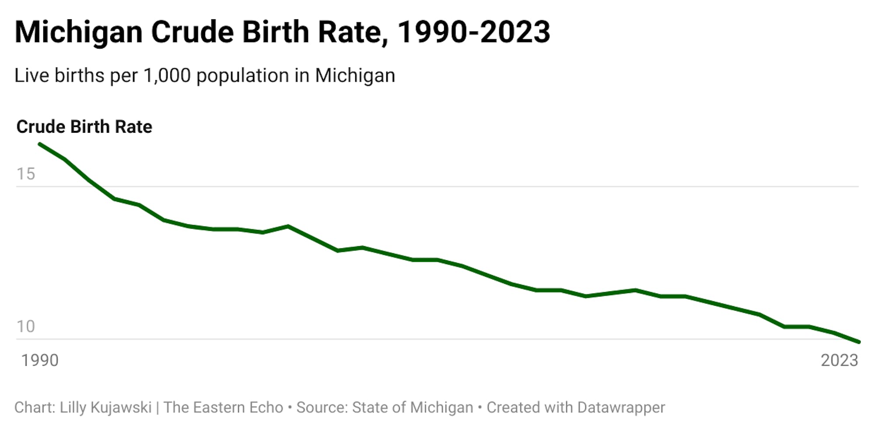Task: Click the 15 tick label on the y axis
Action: pyautogui.click(x=25, y=174)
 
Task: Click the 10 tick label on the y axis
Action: pyautogui.click(x=25, y=326)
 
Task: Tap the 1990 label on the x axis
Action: pyautogui.click(x=40, y=360)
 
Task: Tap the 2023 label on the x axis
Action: pyautogui.click(x=839, y=360)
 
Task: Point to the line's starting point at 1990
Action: pyautogui.click(x=40, y=144)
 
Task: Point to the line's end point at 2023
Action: pyautogui.click(x=858, y=342)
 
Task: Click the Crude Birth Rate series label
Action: pyautogui.click(x=84, y=127)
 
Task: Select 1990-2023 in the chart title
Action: pyautogui.click(x=473, y=32)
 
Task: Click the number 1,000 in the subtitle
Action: pyautogui.click(x=167, y=75)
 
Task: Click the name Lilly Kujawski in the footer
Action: pyautogui.click(x=105, y=407)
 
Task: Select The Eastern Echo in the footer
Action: pyautogui.click(x=223, y=407)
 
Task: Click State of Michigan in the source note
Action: pyautogui.click(x=413, y=407)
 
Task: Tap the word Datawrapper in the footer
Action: pyautogui.click(x=621, y=407)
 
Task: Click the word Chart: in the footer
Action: pyautogui.click(x=35, y=407)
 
